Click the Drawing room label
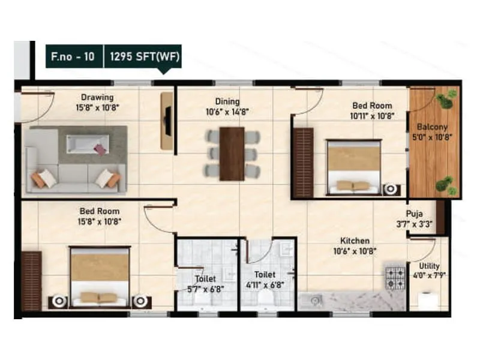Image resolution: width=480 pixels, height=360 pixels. tap(97, 97)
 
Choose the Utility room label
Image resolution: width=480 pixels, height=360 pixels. tap(430, 266)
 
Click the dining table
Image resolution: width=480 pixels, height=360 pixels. tap(232, 154)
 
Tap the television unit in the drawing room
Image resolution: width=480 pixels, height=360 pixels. tap(167, 121)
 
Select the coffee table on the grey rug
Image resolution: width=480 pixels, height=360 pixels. tap(88, 144)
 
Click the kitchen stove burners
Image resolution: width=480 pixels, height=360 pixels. tap(395, 277)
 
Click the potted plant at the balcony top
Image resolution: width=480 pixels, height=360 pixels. tap(445, 101)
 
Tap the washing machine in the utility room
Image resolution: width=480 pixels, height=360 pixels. tap(427, 301)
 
